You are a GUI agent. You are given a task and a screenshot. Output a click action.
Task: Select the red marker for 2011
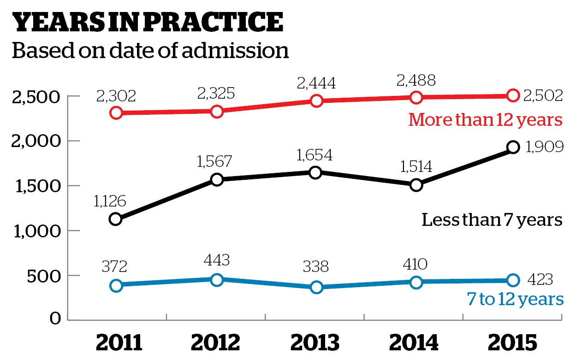(116, 112)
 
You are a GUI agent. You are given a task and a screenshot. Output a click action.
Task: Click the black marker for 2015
(514, 147)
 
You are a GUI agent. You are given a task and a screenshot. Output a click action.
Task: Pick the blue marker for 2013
(316, 287)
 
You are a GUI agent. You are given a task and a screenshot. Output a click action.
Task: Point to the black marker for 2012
(217, 179)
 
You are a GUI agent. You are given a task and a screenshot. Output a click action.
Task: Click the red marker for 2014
(416, 97)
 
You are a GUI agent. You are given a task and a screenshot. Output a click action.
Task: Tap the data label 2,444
(316, 83)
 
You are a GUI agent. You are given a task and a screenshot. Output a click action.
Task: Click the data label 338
(316, 267)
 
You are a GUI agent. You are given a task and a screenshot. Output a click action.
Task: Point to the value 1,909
(544, 147)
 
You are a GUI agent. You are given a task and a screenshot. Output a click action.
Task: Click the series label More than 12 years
(486, 120)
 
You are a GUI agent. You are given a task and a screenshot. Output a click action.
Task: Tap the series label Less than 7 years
(492, 220)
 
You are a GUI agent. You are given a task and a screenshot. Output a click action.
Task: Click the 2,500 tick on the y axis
(36, 97)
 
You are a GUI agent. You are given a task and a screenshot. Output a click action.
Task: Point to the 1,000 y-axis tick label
(36, 231)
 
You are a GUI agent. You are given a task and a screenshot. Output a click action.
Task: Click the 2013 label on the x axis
(315, 343)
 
